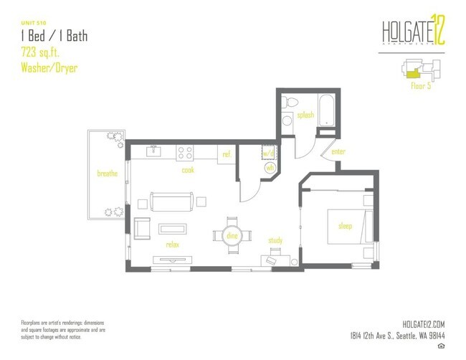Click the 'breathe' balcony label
point(108,173)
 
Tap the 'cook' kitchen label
point(188,170)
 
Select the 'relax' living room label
point(171,244)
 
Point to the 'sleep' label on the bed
point(346,226)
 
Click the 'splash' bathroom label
point(304,115)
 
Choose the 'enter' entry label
point(339,153)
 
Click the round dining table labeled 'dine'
point(232,235)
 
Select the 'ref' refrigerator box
point(226,154)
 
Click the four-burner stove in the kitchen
point(185,153)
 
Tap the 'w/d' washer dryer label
point(268,153)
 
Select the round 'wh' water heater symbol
point(270,168)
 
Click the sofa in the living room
point(171,202)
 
